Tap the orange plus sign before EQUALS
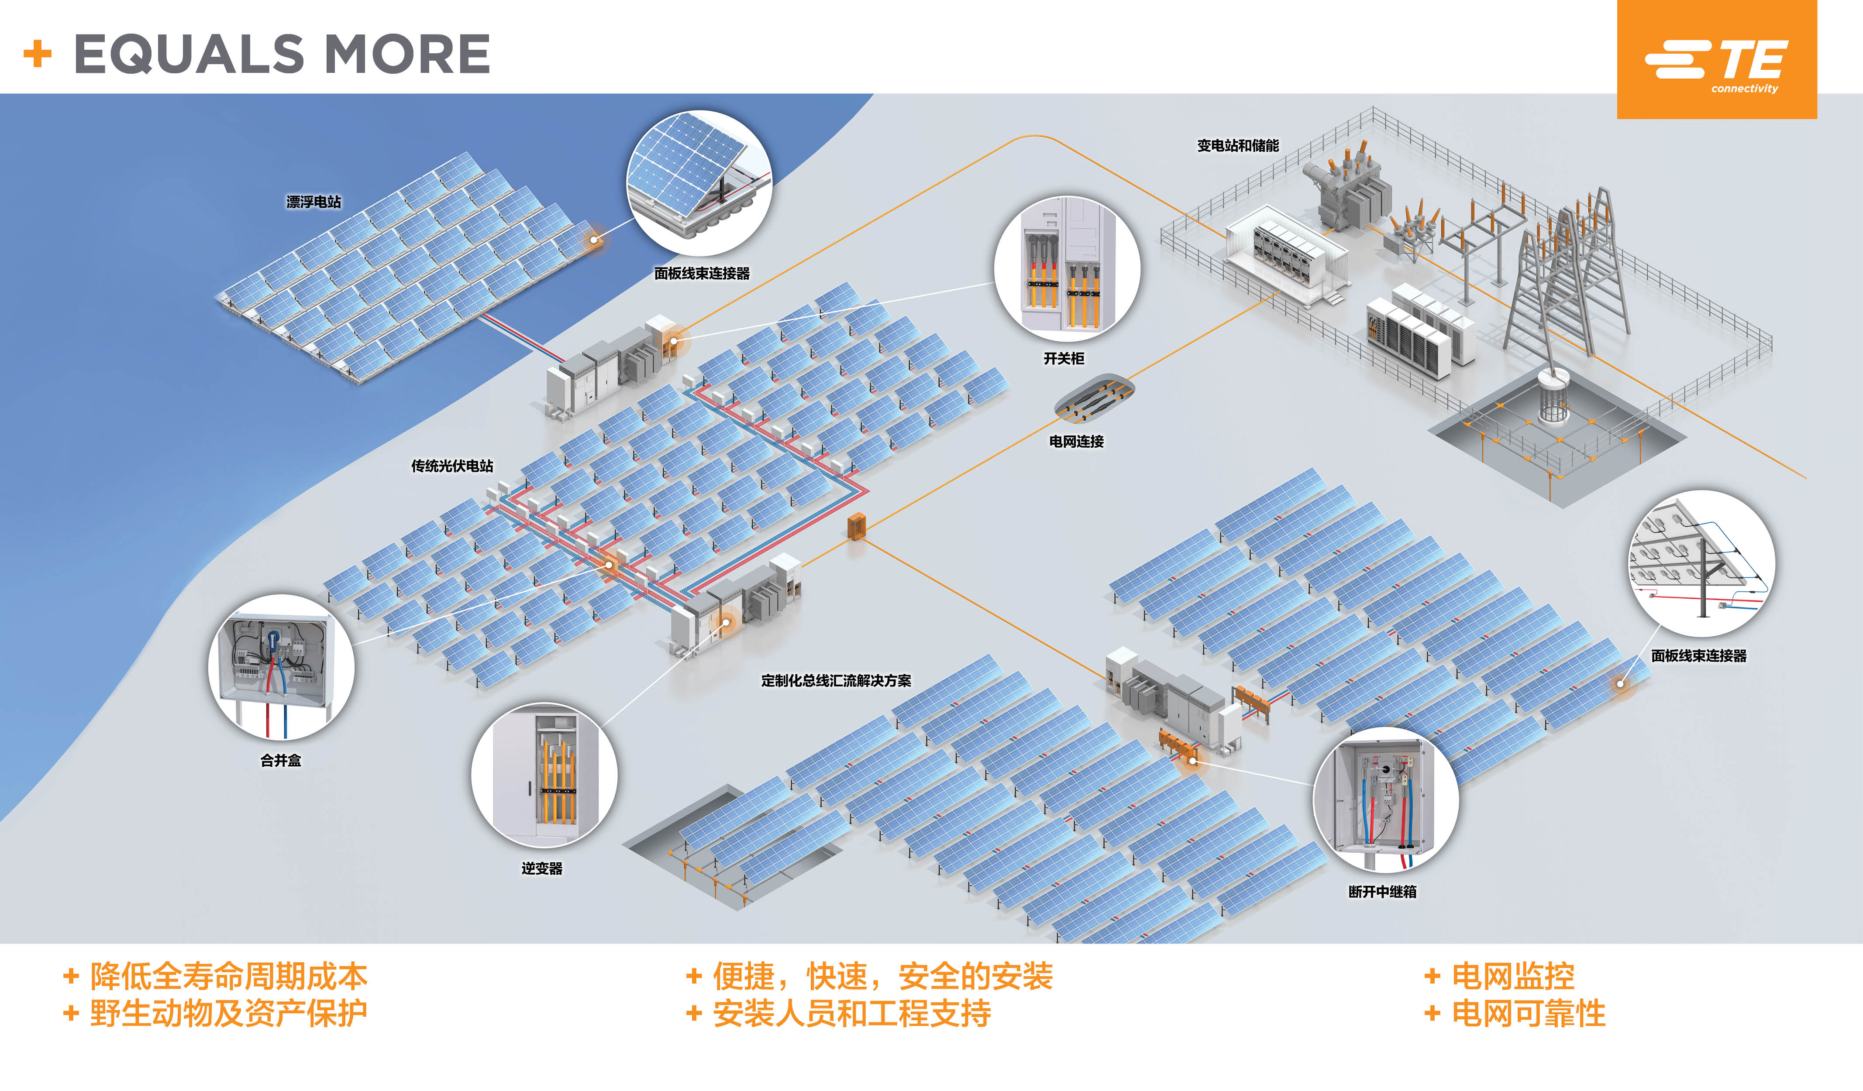[38, 54]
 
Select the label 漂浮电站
[313, 202]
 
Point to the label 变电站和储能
[1238, 146]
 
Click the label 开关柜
[1064, 358]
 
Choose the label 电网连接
[1076, 441]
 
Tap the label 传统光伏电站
[452, 466]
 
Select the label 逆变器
[542, 868]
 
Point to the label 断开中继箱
[1382, 892]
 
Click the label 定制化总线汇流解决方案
[836, 681]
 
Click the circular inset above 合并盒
[282, 667]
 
